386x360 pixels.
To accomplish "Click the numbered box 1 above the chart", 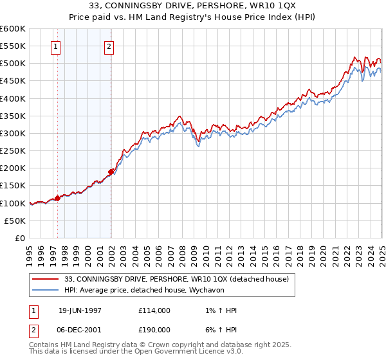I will tap(56, 46).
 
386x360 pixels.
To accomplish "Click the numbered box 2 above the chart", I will tap(109, 46).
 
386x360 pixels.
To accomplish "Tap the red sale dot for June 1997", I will tap(58, 198).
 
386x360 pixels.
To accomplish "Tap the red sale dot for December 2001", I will tap(111, 172).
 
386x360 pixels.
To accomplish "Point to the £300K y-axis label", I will tap(13, 133).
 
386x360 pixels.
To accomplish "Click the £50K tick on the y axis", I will tap(15, 221).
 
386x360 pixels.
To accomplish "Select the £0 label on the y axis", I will tap(19, 238).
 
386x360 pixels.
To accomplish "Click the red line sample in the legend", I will tap(45, 279).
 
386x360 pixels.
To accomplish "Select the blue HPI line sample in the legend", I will tap(45, 291).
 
